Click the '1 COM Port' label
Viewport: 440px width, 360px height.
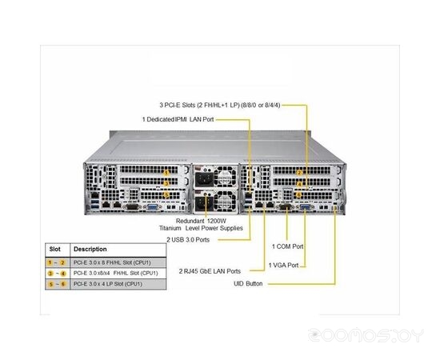[287, 246]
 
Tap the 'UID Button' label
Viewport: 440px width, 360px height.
[249, 284]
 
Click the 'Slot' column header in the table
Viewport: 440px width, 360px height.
[54, 248]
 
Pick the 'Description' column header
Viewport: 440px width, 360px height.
[90, 248]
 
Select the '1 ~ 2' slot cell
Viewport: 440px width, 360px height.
[56, 262]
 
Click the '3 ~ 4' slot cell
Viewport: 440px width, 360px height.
[56, 273]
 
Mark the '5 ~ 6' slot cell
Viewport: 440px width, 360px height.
[56, 284]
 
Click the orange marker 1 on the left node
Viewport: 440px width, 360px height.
[166, 171]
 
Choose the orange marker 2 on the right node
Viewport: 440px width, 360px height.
[299, 172]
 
